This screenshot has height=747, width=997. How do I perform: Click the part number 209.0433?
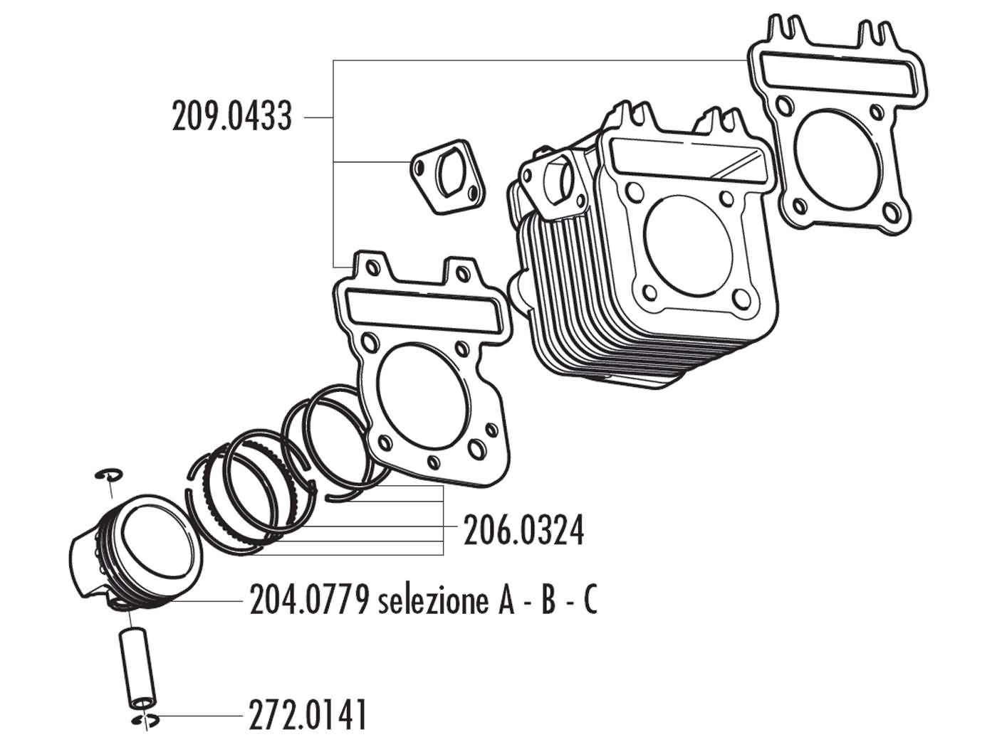tap(231, 116)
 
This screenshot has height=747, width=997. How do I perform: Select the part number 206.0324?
tap(523, 531)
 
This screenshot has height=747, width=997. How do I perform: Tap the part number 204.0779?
tap(308, 602)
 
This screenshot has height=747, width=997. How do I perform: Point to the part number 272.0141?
tap(308, 715)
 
